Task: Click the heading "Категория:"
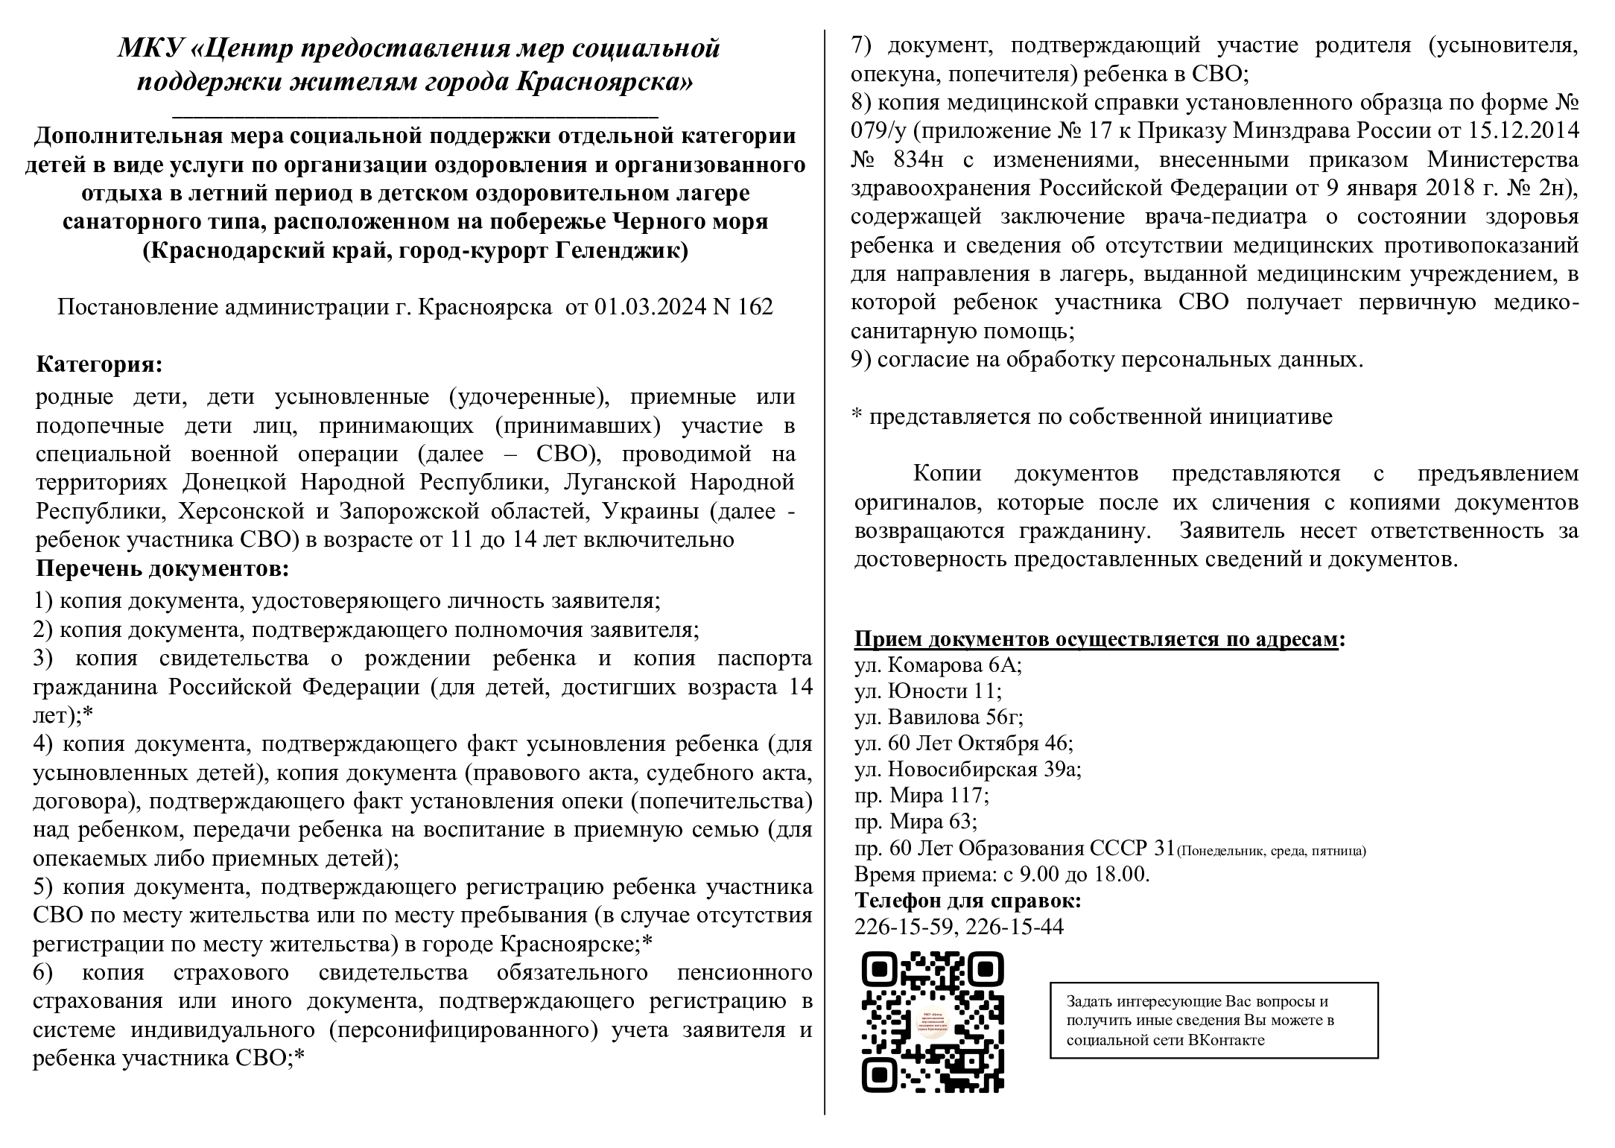[x=98, y=365]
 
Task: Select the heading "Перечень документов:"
[x=162, y=569]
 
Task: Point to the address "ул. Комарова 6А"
[x=938, y=665]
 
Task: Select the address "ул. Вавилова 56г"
[x=939, y=717]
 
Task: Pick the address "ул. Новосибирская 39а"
[x=968, y=769]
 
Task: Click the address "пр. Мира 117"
[x=921, y=796]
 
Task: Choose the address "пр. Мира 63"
[x=916, y=822]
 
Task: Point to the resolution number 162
[x=755, y=307]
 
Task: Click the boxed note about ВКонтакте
[x=1213, y=1021]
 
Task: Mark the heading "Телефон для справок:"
[x=968, y=900]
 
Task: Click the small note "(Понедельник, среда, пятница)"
[x=1272, y=851]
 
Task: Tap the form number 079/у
[x=879, y=131]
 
